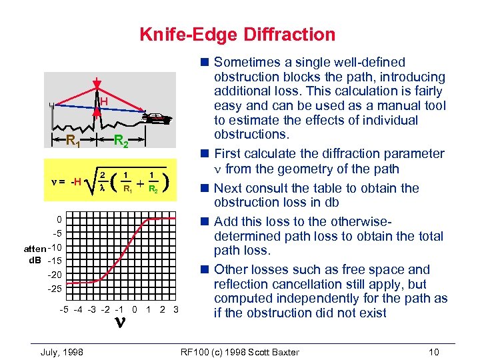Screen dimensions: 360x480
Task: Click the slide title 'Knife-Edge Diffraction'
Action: tap(237, 35)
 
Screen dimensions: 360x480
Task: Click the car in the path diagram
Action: tap(158, 119)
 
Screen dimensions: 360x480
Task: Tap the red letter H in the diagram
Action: tap(104, 101)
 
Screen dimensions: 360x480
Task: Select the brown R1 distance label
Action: tap(73, 141)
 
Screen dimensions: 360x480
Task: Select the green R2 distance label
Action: tap(121, 141)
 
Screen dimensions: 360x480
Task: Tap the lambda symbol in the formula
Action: tap(102, 189)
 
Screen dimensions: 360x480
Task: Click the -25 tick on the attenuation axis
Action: tap(55, 288)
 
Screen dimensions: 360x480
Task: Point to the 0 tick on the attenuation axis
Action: tap(59, 219)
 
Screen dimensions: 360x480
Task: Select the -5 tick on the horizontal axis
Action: tap(63, 309)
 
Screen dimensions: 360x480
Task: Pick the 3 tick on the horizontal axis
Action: tap(175, 309)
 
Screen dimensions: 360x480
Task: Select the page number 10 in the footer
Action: tap(434, 352)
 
